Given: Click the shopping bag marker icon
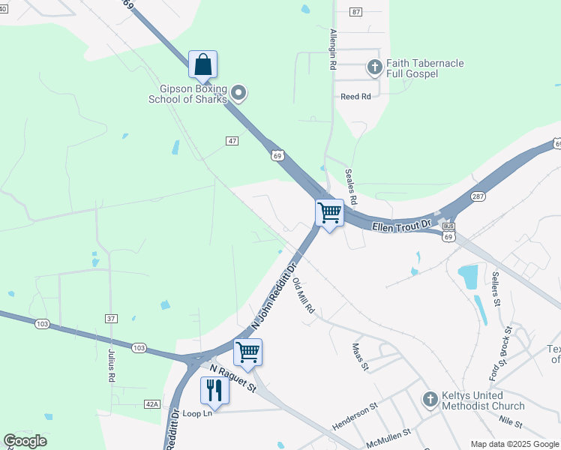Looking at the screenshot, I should (202, 64).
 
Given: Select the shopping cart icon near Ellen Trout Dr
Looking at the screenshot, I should (329, 213).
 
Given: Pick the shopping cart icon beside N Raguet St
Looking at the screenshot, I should (247, 351).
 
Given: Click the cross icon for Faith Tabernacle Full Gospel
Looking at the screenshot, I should (374, 68).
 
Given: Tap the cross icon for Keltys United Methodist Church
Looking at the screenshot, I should (430, 399).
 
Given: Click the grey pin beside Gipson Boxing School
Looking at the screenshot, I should (238, 93).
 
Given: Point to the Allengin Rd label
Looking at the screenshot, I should (332, 50).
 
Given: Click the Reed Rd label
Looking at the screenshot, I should (355, 97).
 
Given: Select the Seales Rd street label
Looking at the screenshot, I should (350, 184).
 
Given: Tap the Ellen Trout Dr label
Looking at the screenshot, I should (403, 224).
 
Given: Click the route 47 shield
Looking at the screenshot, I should (232, 140).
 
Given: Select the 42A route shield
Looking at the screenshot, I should (152, 404).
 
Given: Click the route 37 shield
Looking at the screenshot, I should (111, 319).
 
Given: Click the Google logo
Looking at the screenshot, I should (25, 440).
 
